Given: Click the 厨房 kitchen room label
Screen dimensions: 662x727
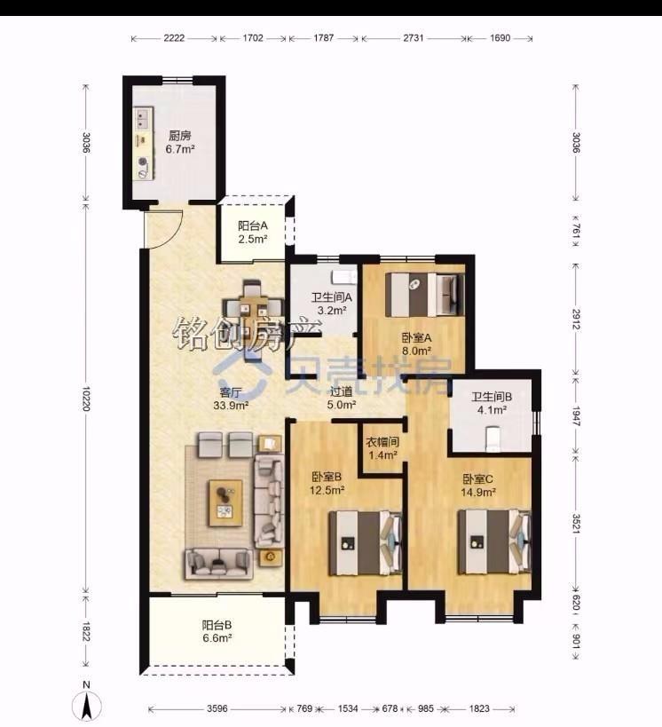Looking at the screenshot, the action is click(x=180, y=136).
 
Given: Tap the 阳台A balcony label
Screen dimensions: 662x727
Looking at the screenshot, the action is click(x=253, y=225).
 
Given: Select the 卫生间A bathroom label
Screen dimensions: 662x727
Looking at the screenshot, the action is click(x=332, y=296).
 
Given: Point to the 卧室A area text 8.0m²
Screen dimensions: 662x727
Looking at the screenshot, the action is click(x=417, y=351).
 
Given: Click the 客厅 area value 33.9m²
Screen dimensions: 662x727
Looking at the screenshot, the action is click(x=231, y=406).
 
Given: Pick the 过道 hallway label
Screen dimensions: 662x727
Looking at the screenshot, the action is click(x=342, y=391).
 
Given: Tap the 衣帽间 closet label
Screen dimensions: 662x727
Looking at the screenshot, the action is click(x=382, y=442).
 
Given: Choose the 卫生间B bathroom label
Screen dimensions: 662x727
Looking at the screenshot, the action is click(x=492, y=397).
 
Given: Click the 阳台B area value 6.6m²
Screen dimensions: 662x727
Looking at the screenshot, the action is click(x=217, y=638).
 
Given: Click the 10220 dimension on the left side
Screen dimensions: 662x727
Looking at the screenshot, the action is click(x=86, y=398).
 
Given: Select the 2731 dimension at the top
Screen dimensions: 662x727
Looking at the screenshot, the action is click(x=413, y=38).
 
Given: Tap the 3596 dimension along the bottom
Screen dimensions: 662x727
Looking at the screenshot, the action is click(x=217, y=708).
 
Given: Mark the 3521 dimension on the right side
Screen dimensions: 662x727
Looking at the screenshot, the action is click(x=576, y=523).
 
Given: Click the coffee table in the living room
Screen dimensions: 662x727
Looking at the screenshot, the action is click(x=225, y=503).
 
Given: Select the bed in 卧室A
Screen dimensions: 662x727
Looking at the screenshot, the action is click(x=425, y=295).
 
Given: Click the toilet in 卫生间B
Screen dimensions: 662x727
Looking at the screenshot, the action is click(x=493, y=439).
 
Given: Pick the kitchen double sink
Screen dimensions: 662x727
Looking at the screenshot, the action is click(x=143, y=118).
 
